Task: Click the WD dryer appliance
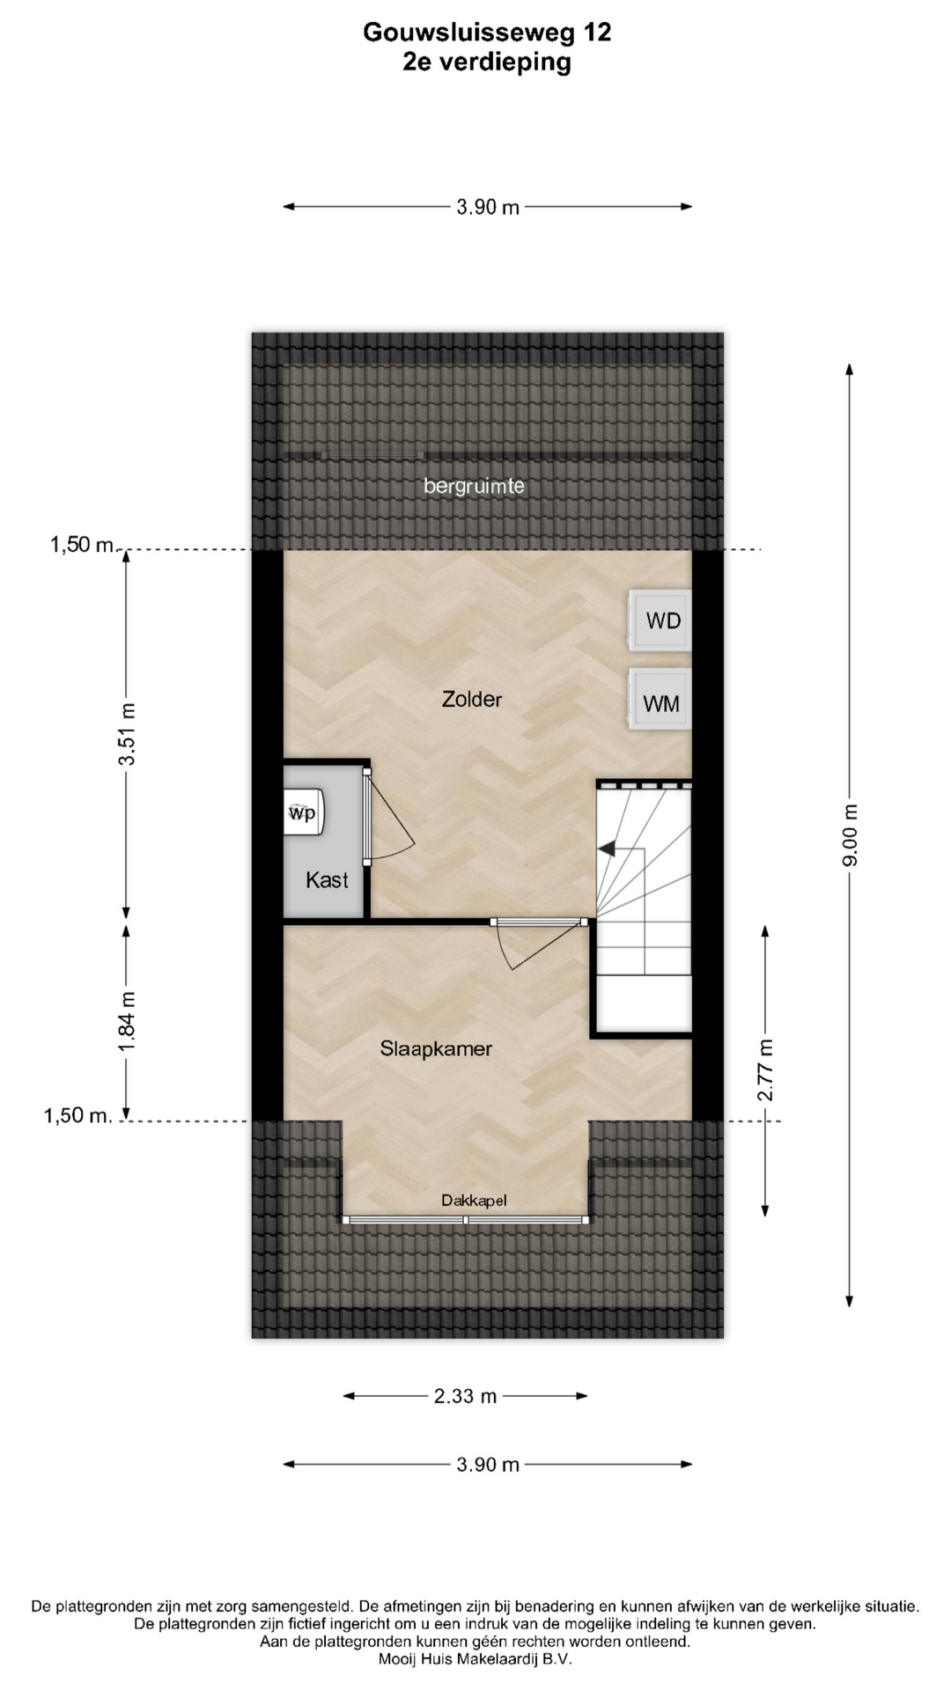pos(660,621)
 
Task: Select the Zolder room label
pos(472,699)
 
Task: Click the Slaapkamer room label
pos(436,1048)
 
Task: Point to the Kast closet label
pos(327,879)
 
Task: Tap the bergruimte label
pos(474,486)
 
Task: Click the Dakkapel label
pos(474,1200)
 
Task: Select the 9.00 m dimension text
pos(850,835)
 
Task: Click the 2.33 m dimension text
pos(465,1395)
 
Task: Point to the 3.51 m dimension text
pos(127,734)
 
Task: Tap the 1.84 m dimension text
pos(127,1020)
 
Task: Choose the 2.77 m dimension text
pos(765,1069)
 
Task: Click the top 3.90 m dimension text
pos(488,208)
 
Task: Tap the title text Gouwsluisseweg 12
pos(487,33)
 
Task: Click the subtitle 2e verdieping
pos(487,62)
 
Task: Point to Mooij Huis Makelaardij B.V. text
pos(475,1659)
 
